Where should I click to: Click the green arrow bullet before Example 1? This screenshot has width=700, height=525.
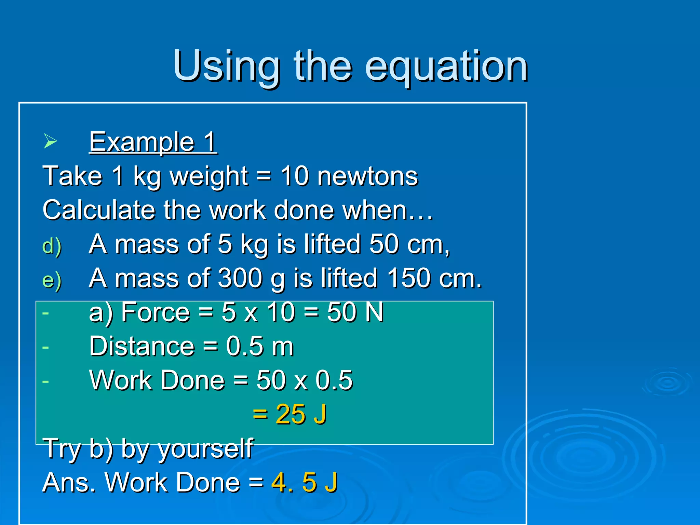(x=50, y=141)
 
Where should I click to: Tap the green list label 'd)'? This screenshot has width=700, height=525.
(x=52, y=246)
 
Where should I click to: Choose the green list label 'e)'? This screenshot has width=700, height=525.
(x=52, y=280)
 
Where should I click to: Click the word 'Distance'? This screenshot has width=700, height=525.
(x=142, y=346)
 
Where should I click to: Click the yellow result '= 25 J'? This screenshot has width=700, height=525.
(x=290, y=414)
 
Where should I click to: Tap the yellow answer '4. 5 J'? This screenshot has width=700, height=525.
(x=304, y=482)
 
